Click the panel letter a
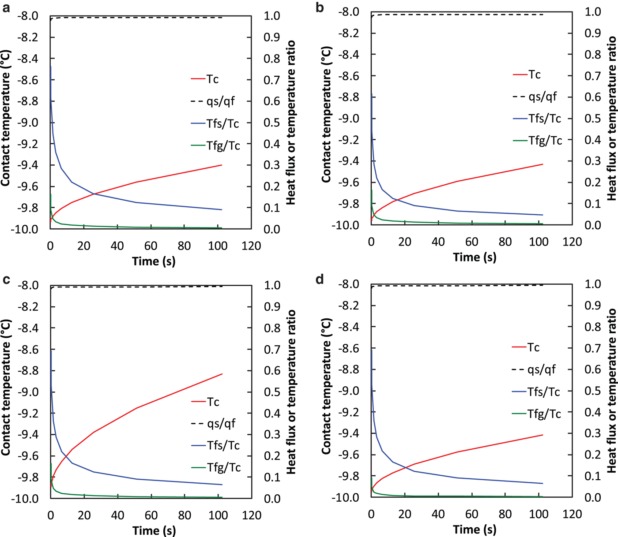coord(6,8)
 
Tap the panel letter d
coord(320,280)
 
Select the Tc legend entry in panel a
coord(212,79)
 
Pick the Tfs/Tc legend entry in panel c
coord(223,445)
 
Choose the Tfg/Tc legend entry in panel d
coord(544,414)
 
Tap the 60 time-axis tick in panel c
coord(151,515)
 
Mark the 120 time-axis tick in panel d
coord(572,514)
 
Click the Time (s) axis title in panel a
coord(154,261)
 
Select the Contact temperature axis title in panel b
coord(326,119)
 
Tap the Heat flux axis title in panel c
coord(291,392)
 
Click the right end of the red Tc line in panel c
coord(222,374)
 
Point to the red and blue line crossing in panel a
coord(93,194)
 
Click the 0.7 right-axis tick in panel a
coord(271,80)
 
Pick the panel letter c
coord(6,280)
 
